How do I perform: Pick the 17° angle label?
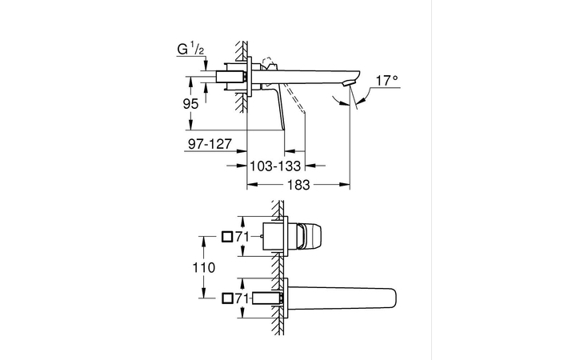(x=386, y=80)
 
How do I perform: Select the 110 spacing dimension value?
(x=205, y=268)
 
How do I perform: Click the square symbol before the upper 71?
(x=227, y=237)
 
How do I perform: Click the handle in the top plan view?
(x=309, y=237)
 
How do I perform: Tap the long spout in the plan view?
(x=344, y=298)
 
